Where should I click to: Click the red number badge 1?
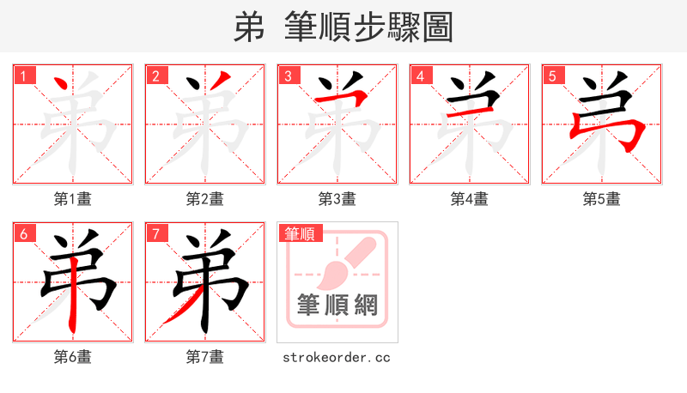23,76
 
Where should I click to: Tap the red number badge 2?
155,76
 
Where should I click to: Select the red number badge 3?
288,76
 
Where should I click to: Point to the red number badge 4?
420,76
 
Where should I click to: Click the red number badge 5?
552,76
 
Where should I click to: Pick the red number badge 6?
23,233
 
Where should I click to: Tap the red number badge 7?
155,233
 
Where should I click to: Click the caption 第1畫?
73,199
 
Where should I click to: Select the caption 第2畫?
205,199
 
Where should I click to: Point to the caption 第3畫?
337,199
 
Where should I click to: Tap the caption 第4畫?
470,199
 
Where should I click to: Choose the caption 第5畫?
602,199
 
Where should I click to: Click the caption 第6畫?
73,356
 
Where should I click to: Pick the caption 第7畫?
205,356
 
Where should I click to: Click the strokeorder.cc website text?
337,356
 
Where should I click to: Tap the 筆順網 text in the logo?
337,305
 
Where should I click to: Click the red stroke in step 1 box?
62,88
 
